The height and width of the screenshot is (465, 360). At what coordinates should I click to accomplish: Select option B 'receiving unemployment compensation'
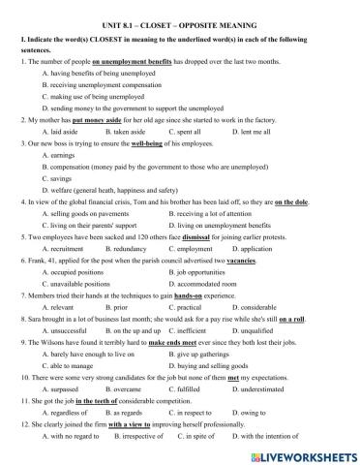tap(105, 85)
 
